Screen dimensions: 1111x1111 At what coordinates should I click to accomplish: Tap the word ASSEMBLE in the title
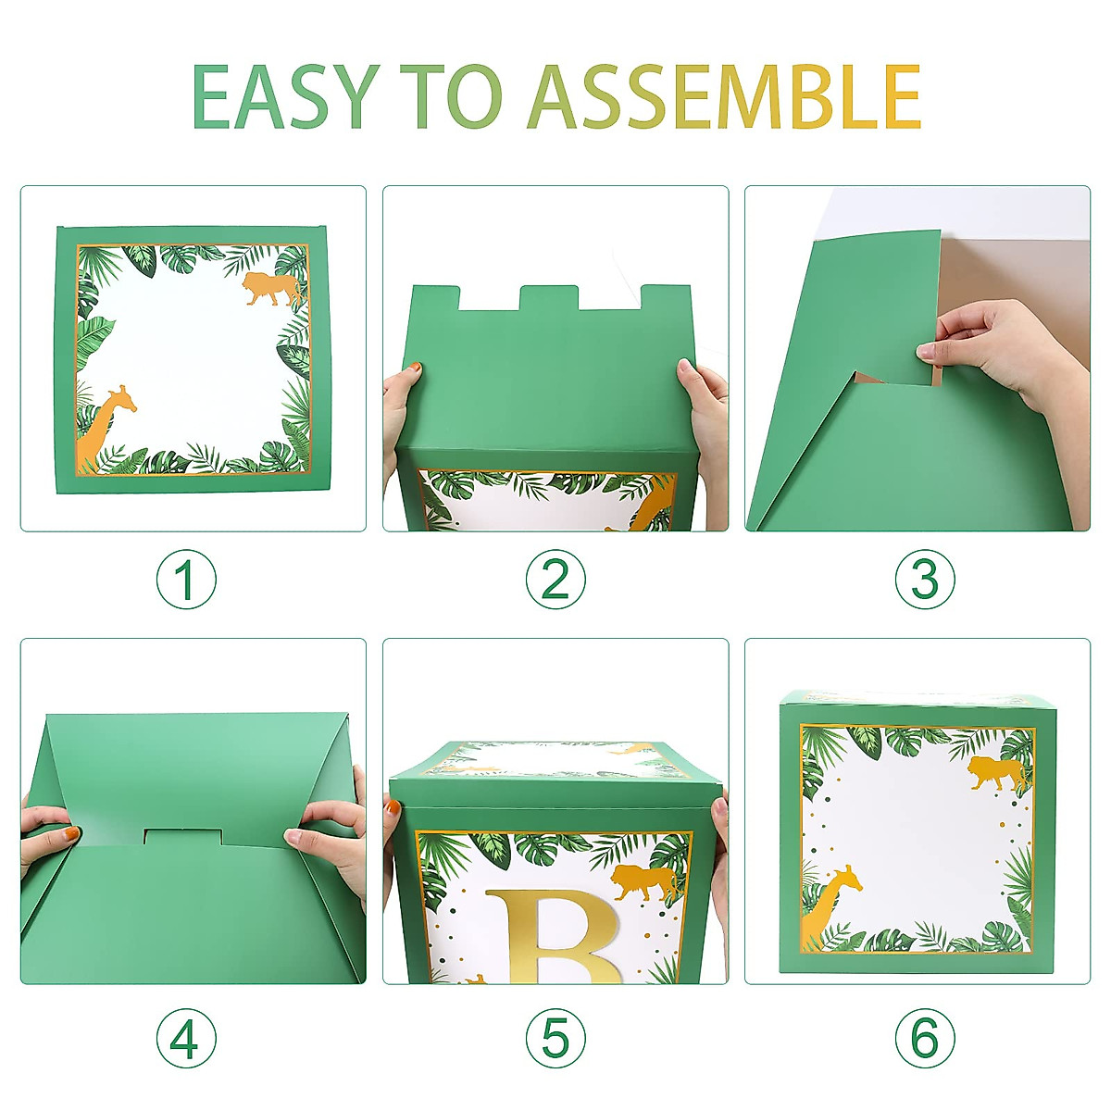click(x=724, y=97)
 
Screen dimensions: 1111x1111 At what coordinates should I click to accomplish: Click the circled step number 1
click(x=185, y=580)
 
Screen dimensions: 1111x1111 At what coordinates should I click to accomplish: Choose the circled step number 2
click(x=555, y=580)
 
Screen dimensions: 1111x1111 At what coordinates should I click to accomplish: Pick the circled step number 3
click(x=925, y=580)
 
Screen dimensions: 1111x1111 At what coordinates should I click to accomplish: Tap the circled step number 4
click(x=185, y=1037)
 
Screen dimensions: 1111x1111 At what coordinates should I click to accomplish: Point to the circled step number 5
click(x=555, y=1037)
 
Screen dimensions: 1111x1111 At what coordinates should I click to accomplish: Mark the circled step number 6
click(x=925, y=1037)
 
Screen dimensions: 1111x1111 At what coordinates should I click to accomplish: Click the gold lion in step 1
click(x=271, y=289)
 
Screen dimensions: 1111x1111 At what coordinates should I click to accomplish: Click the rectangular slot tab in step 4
click(x=182, y=837)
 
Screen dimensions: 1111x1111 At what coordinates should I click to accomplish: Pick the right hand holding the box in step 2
click(x=705, y=407)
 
